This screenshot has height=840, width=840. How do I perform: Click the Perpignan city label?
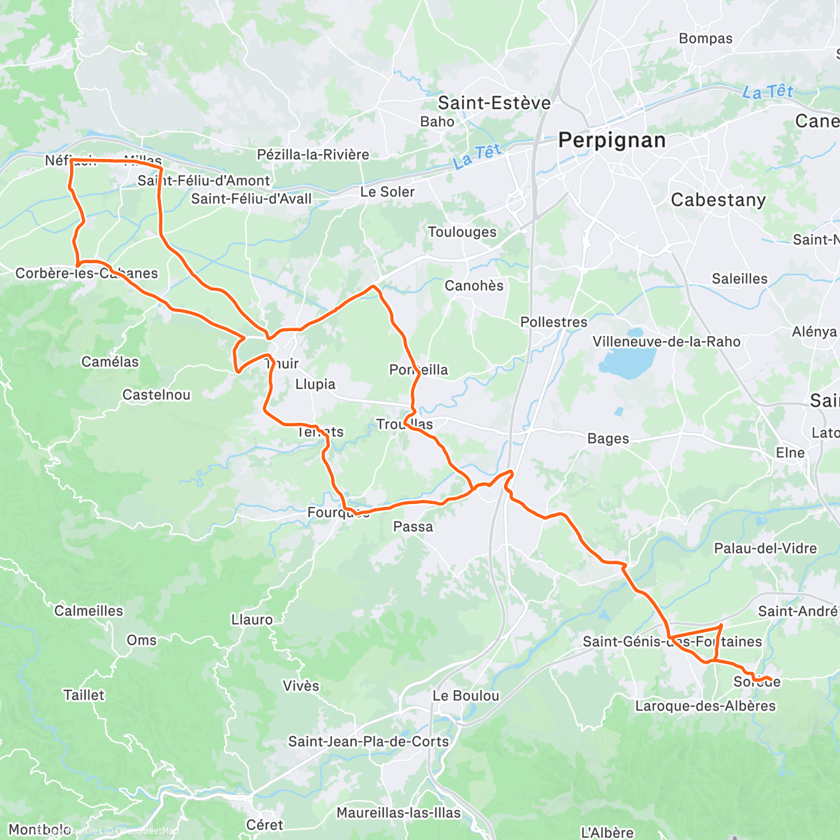pyautogui.click(x=612, y=141)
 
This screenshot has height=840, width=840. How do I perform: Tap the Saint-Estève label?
pyautogui.click(x=494, y=104)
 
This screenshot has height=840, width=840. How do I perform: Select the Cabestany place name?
pyautogui.click(x=718, y=200)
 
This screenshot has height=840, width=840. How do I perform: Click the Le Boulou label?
pyautogui.click(x=465, y=696)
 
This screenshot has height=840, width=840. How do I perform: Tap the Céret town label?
pyautogui.click(x=265, y=825)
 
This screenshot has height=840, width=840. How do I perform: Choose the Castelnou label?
pyautogui.click(x=156, y=395)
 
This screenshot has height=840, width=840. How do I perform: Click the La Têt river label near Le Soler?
pyautogui.click(x=477, y=156)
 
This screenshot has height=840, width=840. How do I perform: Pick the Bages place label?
pyautogui.click(x=608, y=439)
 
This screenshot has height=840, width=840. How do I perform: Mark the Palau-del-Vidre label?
pyautogui.click(x=765, y=548)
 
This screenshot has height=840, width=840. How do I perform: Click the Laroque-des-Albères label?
pyautogui.click(x=705, y=706)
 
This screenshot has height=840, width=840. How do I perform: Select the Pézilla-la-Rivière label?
pyautogui.click(x=313, y=155)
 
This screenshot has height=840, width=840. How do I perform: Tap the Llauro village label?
pyautogui.click(x=252, y=619)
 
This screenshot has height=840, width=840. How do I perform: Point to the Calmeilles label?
pyautogui.click(x=88, y=611)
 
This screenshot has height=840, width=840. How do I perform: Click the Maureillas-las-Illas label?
pyautogui.click(x=398, y=813)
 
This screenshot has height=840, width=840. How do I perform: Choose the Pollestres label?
pyautogui.click(x=554, y=322)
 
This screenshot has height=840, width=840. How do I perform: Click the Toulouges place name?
pyautogui.click(x=462, y=232)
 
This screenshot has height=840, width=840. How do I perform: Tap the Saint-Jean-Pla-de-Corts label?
pyautogui.click(x=368, y=741)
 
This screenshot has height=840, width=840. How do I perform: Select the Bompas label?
pyautogui.click(x=706, y=39)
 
